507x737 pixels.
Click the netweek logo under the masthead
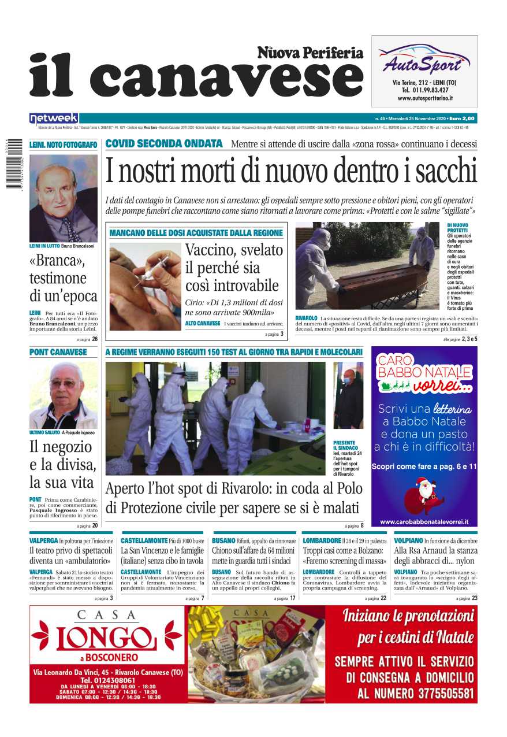(x=54, y=118)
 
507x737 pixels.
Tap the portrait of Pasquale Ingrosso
(x=64, y=395)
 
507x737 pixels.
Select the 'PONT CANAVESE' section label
(x=58, y=352)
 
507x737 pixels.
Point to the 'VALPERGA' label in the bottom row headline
(x=43, y=540)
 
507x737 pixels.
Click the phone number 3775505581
(x=437, y=693)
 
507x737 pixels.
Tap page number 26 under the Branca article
(x=94, y=339)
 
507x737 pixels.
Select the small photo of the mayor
(x=349, y=395)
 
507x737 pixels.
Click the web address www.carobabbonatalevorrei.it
(x=424, y=521)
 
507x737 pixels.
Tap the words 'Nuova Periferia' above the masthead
(x=310, y=53)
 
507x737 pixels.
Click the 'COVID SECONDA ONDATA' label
(x=164, y=144)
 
